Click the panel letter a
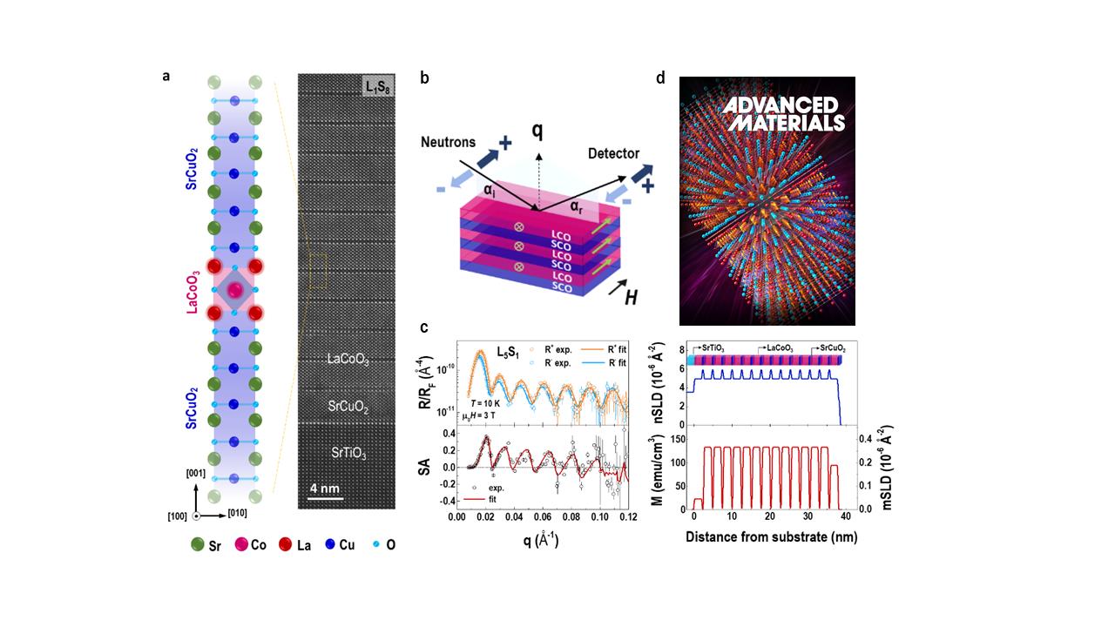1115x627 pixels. point(166,77)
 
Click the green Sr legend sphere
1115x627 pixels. point(198,545)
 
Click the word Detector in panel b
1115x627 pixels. point(614,154)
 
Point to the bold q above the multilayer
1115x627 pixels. point(538,130)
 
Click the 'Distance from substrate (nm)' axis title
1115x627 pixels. point(771,536)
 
